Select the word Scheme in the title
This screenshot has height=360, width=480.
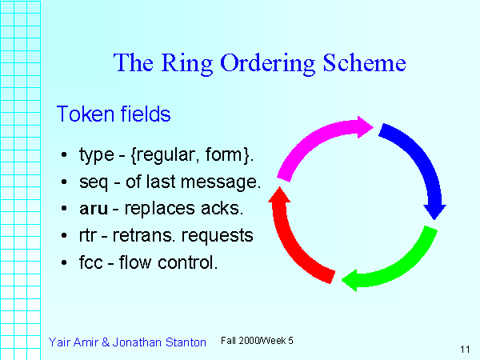(x=363, y=63)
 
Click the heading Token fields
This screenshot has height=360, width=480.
(x=113, y=114)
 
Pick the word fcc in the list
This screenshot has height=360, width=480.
(x=90, y=262)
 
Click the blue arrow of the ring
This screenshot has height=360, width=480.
(x=419, y=165)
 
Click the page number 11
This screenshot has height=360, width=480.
(x=465, y=349)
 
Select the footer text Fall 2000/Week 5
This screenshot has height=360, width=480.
(x=257, y=341)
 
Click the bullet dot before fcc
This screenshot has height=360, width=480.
(x=64, y=262)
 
